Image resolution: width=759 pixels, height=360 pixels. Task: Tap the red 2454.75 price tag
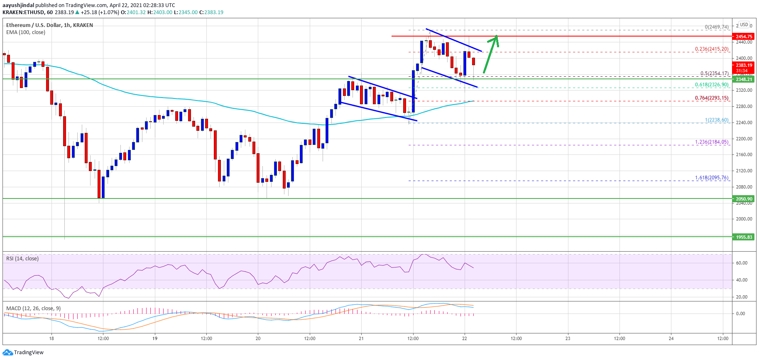[744, 37]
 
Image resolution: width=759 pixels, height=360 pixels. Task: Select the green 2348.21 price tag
[744, 79]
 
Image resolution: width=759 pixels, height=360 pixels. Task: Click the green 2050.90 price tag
[744, 199]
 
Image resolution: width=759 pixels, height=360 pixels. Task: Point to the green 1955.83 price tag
[744, 237]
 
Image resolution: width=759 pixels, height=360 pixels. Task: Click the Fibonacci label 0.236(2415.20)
[711, 49]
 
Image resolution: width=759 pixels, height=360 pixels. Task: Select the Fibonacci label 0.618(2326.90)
[711, 85]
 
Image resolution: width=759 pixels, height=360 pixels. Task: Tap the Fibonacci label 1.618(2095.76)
[711, 178]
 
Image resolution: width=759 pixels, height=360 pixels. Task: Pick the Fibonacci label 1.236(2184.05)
[711, 142]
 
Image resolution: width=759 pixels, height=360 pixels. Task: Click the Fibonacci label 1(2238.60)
[716, 120]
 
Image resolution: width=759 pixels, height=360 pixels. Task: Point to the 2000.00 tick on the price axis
[744, 219]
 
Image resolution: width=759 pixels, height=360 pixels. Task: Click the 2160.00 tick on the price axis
[744, 154]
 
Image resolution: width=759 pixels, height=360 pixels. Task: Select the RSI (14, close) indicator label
[22, 259]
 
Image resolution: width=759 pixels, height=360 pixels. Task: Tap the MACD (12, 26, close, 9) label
[33, 309]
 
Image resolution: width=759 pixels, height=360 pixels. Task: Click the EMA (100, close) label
[26, 32]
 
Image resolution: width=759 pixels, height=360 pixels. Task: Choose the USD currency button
[744, 24]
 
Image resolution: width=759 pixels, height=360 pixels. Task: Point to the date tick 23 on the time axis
[568, 338]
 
